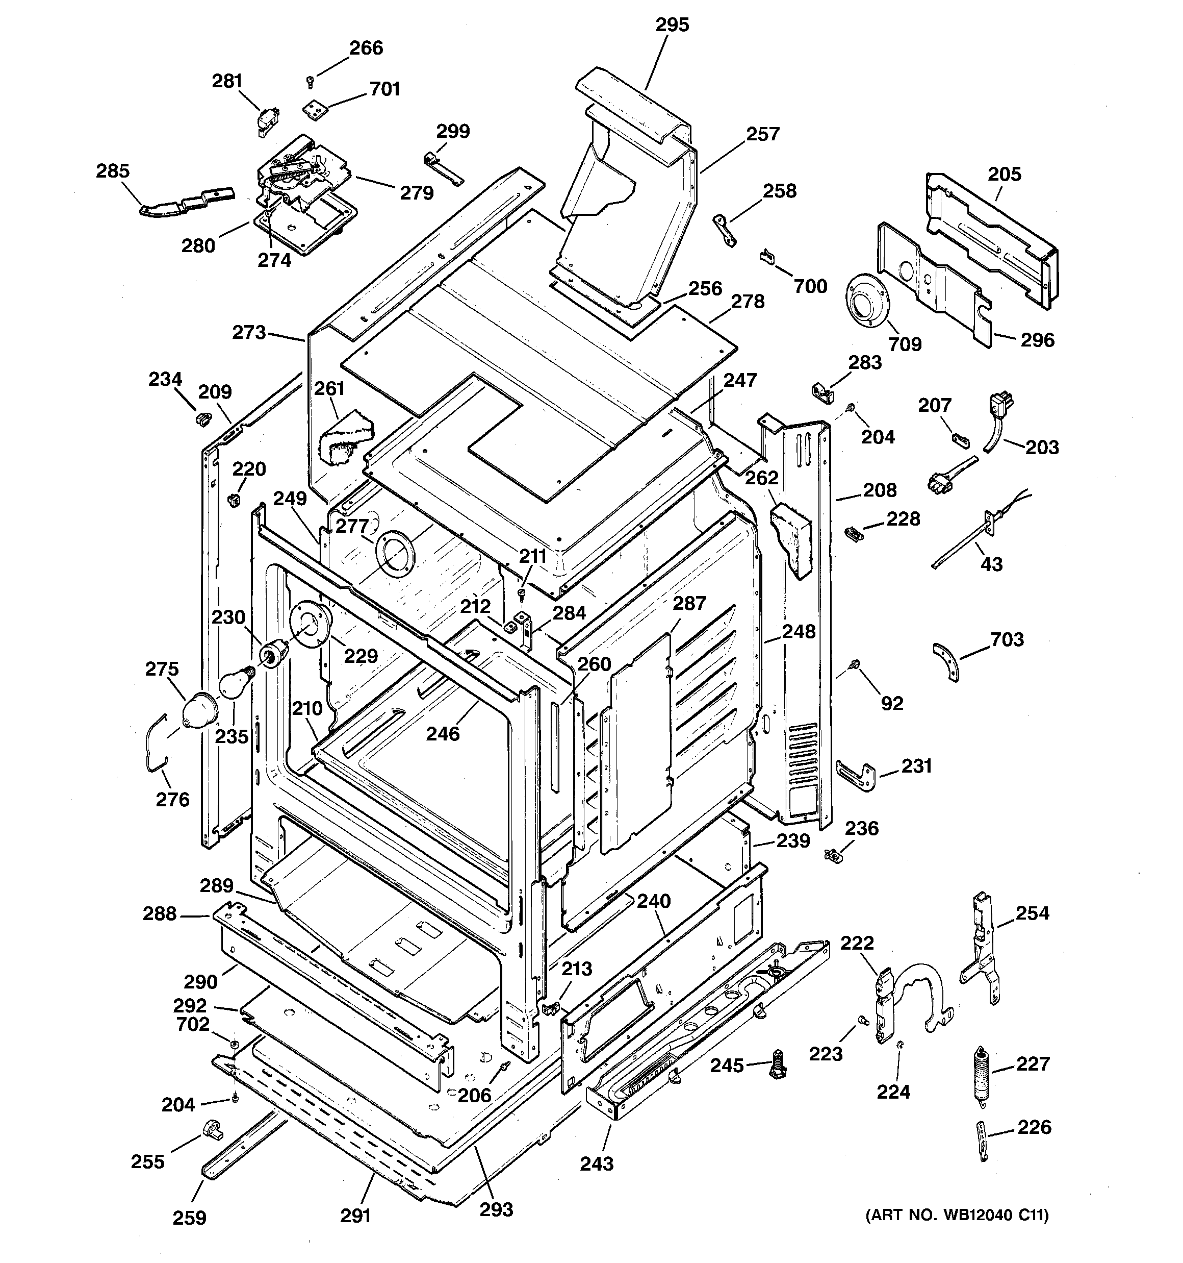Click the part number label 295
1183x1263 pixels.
tap(672, 25)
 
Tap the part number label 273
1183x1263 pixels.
tap(248, 332)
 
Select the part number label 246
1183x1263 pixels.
tap(442, 734)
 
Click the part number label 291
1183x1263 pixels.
tap(355, 1216)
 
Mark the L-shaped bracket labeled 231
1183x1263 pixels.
tap(857, 775)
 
